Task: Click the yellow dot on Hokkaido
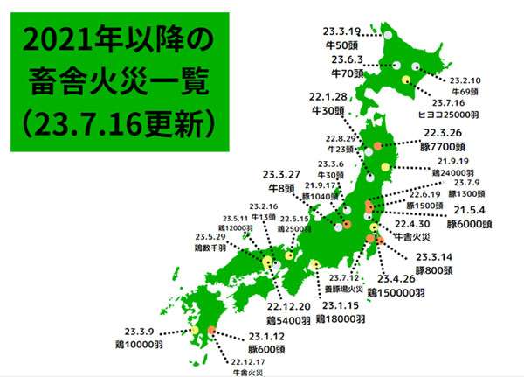406,80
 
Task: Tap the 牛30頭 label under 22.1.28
330,110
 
